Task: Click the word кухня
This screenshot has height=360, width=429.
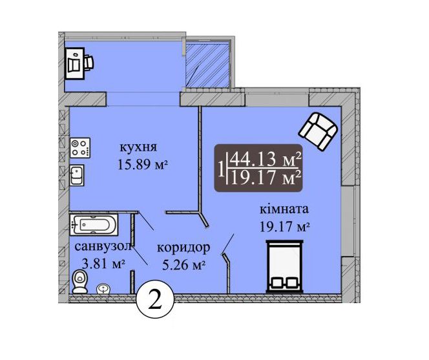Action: tap(139, 147)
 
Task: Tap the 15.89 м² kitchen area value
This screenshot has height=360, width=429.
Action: tap(143, 165)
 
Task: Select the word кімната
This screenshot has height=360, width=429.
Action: tap(284, 209)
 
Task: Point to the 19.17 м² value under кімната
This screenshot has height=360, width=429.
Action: tap(284, 227)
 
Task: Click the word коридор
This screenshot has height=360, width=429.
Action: tap(184, 248)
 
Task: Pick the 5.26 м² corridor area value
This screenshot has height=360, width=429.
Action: tap(184, 265)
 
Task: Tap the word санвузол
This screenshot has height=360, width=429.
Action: tap(103, 247)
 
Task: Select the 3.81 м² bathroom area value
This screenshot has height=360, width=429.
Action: tap(104, 264)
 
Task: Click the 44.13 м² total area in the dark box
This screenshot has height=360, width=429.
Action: tap(266, 160)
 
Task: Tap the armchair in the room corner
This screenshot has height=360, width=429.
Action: tap(318, 131)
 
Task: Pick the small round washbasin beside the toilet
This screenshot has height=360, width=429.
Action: tap(103, 289)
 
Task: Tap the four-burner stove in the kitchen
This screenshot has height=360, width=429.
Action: tap(80, 148)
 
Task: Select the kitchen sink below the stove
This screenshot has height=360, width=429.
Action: tap(77, 175)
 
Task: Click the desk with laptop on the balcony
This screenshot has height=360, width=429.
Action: tap(74, 63)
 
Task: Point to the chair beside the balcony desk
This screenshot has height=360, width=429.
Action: tap(89, 63)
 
